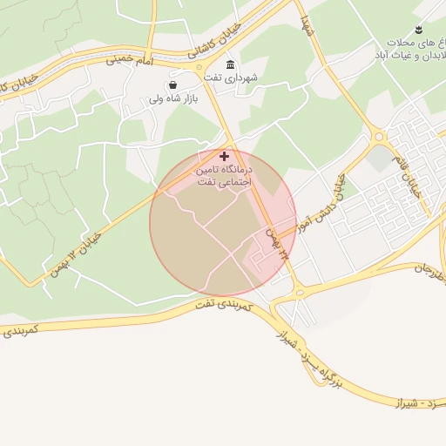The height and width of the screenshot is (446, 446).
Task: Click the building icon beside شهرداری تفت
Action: point(230,65)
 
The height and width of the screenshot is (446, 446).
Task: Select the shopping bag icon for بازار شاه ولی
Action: point(172,85)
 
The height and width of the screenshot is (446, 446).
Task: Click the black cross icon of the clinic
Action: point(224,155)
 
